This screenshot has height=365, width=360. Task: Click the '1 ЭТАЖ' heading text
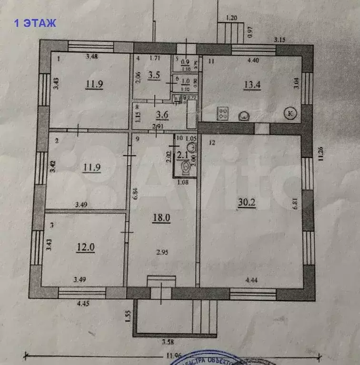tap(35, 23)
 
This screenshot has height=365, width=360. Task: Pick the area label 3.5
tap(154, 75)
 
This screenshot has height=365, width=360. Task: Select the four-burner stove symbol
tap(222, 113)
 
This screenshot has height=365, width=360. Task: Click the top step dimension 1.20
tap(231, 18)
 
